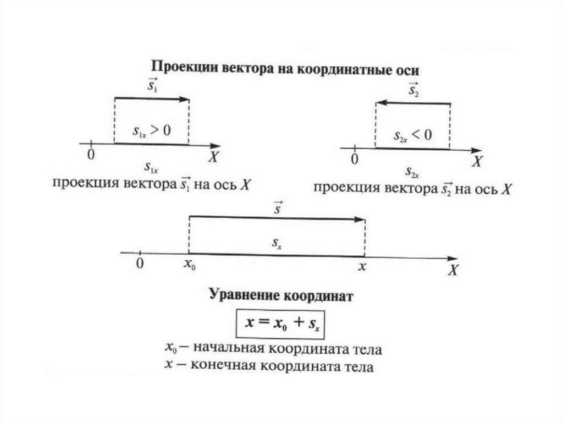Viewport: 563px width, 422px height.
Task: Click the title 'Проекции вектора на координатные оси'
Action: [x=285, y=70]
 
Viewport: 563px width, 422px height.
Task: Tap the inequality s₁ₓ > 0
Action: [x=152, y=130]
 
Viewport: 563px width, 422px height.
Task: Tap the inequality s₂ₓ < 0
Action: [x=413, y=135]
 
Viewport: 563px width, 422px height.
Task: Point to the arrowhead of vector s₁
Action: [x=185, y=99]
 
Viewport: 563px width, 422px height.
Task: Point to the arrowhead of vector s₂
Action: [x=380, y=103]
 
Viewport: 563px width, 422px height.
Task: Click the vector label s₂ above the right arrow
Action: [x=413, y=89]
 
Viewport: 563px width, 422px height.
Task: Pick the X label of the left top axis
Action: [x=214, y=157]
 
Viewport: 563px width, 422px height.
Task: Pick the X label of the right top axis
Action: [x=478, y=161]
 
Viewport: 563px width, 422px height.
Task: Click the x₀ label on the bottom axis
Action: [x=189, y=265]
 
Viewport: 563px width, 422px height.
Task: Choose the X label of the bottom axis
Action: [x=453, y=270]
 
